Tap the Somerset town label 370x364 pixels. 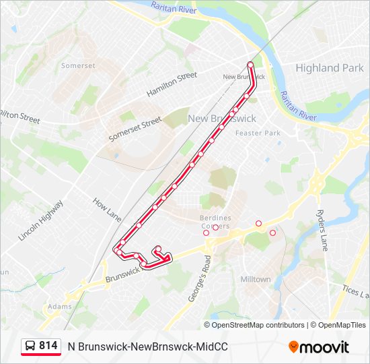tap(79, 66)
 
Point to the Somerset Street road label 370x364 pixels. tap(135, 129)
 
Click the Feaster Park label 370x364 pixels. tap(257, 133)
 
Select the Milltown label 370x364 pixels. tap(255, 279)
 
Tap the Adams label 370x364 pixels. tap(59, 306)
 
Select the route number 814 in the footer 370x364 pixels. tap(48, 346)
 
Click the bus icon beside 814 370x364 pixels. tap(30, 346)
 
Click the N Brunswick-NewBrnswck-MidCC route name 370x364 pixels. tap(148, 346)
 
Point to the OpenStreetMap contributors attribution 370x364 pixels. tap(258, 325)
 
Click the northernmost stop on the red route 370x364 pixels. tap(250, 65)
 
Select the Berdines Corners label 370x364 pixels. tap(215, 222)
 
